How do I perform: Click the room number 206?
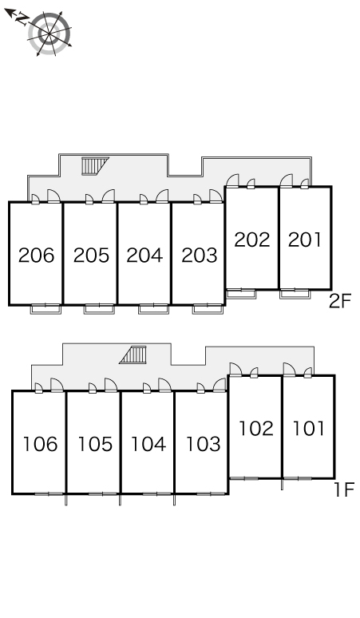tap(36, 256)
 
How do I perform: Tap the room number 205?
tap(91, 256)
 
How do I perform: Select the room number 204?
tap(144, 256)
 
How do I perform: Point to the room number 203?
tap(200, 256)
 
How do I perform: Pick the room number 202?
tap(252, 240)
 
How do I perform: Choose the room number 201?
tap(305, 240)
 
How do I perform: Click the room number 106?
tap(40, 444)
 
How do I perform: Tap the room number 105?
tap(95, 444)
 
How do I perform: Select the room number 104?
tap(148, 444)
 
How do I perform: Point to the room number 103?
tap(204, 444)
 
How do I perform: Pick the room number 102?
tap(256, 429)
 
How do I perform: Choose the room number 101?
tap(309, 429)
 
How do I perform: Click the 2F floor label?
tap(340, 302)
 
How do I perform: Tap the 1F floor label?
tap(345, 490)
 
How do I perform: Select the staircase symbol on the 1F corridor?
tap(133, 355)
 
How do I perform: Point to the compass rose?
tap(49, 34)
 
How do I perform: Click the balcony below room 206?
tap(46, 309)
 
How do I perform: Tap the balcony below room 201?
tap(295, 294)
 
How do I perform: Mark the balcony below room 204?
tap(153, 309)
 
